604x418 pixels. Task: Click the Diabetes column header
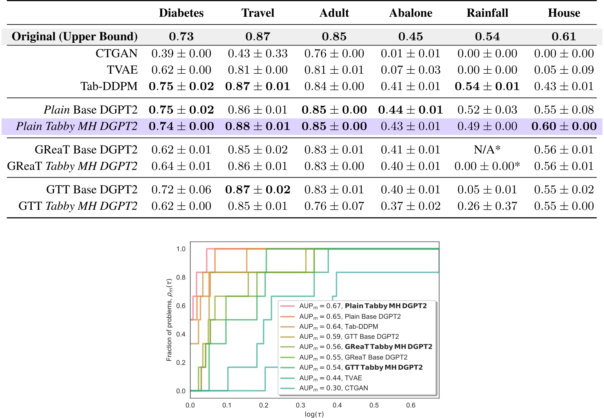181,13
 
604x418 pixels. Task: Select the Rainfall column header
487,13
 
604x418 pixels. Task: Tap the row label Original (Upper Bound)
74,36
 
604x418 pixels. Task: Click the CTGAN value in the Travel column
258,53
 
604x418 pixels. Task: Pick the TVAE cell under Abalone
410,70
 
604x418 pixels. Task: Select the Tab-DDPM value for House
564,86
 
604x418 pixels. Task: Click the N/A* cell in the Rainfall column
487,149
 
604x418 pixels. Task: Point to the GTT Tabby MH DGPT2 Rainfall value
487,206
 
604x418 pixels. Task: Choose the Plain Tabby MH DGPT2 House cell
564,126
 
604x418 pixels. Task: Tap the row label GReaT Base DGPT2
86,149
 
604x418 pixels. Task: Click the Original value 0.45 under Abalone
410,36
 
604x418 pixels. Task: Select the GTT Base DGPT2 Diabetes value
181,189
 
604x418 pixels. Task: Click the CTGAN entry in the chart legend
333,388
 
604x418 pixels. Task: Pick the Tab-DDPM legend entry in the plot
338,326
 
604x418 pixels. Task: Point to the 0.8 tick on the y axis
181,277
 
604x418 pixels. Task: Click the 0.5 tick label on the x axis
374,405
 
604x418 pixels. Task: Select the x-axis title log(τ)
314,414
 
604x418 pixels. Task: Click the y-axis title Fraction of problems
169,320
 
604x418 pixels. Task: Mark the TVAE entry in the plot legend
330,378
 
